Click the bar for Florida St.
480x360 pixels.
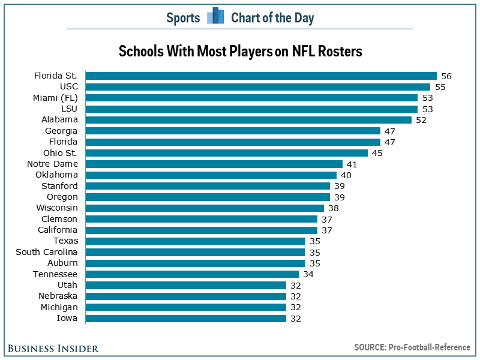tap(261, 76)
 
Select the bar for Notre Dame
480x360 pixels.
tap(214, 164)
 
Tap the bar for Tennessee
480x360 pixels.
tap(192, 274)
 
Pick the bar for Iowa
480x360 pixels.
tap(186, 318)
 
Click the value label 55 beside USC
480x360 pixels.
tap(440, 87)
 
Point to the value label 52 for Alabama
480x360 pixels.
tap(422, 120)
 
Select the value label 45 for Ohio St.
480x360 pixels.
tap(377, 153)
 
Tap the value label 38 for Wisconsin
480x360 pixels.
tap(334, 208)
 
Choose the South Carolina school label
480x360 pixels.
tap(47, 252)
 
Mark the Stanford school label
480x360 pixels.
tap(59, 186)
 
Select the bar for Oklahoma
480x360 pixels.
tap(211, 175)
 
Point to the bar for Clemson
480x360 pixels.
tap(202, 219)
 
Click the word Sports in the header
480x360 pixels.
tap(183, 17)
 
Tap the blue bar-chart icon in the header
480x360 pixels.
tap(215, 16)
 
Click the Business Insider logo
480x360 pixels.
tap(53, 348)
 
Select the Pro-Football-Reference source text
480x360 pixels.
tap(431, 347)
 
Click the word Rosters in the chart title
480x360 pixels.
tap(339, 51)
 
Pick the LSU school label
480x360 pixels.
tap(70, 109)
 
